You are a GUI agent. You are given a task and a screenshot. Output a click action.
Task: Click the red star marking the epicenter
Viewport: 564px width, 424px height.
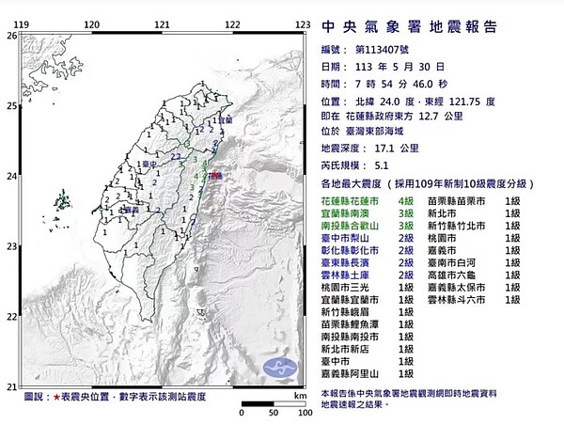click(214, 175)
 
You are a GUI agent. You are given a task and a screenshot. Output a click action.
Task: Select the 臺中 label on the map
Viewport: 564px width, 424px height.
click(147, 165)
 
